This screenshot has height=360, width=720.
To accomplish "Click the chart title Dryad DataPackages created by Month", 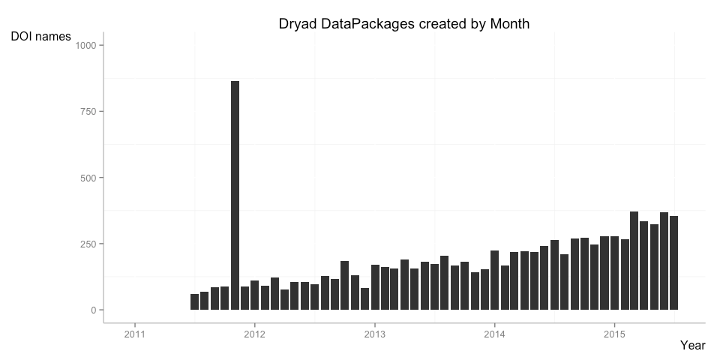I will pyautogui.click(x=404, y=24).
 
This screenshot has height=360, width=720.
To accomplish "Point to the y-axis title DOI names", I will pyautogui.click(x=41, y=36).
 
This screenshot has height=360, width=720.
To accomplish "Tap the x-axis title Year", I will pyautogui.click(x=692, y=345).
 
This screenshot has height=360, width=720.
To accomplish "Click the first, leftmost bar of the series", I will pyautogui.click(x=195, y=302).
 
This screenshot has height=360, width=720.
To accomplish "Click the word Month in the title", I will pyautogui.click(x=510, y=24).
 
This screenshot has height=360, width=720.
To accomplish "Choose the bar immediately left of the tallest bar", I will pyautogui.click(x=225, y=298).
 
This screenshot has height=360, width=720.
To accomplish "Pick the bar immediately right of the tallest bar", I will pyautogui.click(x=244, y=298).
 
